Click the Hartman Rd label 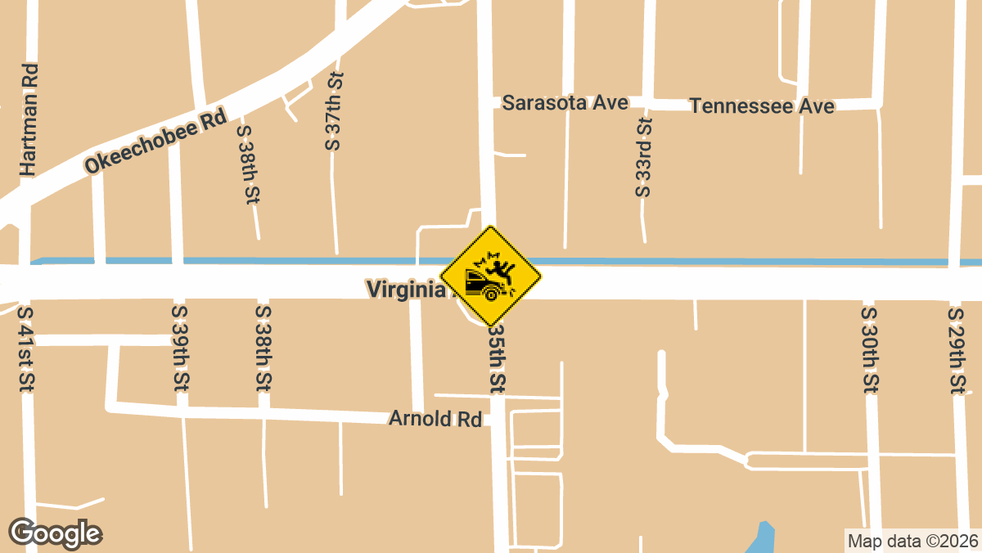(29, 120)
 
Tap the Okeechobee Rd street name (155, 142)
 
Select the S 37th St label (333, 110)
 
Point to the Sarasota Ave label (565, 103)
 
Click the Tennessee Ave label (762, 106)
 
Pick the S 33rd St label (643, 157)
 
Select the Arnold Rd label (435, 419)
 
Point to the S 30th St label (870, 349)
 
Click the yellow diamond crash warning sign (491, 276)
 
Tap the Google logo (56, 533)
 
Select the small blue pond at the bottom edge (762, 537)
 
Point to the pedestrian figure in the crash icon (500, 267)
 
